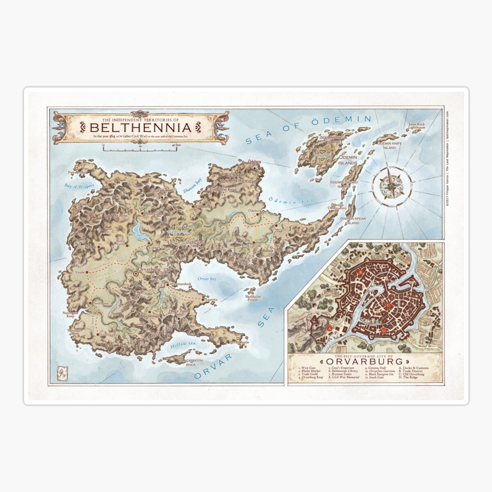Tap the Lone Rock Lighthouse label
tap(416, 126)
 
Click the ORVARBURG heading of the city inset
tap(364, 362)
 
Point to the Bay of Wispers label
tap(79, 186)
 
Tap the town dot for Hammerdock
tap(166, 284)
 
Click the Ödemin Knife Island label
tap(386, 146)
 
